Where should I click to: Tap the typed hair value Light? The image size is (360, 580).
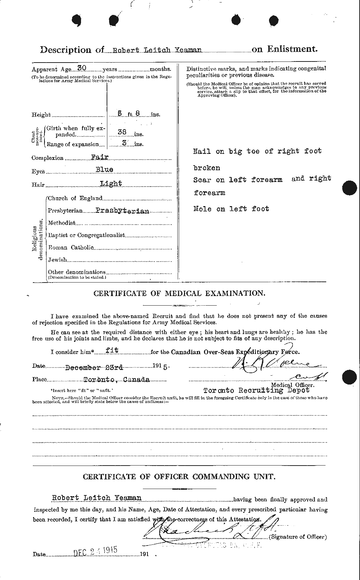click(111, 183)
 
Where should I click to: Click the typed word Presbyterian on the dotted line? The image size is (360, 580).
click(122, 211)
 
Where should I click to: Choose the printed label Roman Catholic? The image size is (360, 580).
click(70, 247)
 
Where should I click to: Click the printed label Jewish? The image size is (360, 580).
click(57, 260)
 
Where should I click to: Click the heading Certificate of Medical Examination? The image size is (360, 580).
click(179, 294)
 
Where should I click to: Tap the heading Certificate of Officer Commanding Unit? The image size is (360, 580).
click(179, 477)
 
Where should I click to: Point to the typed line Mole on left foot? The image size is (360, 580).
click(231, 209)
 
